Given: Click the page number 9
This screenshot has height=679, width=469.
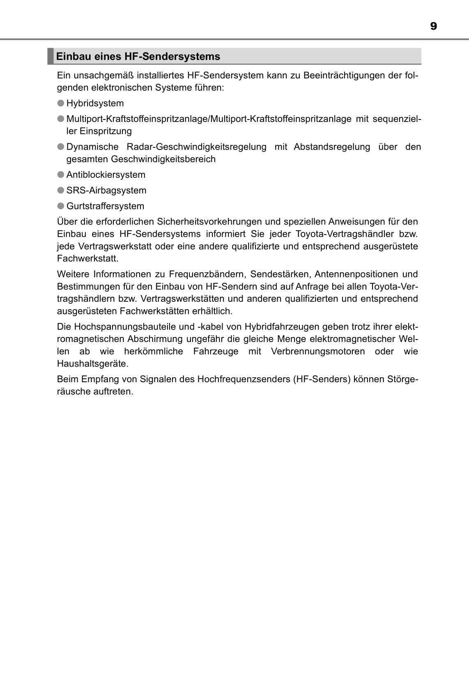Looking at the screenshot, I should pyautogui.click(x=433, y=26).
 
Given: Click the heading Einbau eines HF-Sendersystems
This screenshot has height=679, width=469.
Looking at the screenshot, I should pyautogui.click(x=138, y=56).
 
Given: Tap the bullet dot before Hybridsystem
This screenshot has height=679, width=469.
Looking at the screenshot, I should pyautogui.click(x=61, y=103).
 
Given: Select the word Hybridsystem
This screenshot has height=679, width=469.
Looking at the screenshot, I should pyautogui.click(x=95, y=103).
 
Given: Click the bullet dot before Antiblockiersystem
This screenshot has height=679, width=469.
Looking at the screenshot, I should pyautogui.click(x=61, y=174).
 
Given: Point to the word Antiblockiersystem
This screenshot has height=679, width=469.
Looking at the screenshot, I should pyautogui.click(x=106, y=174).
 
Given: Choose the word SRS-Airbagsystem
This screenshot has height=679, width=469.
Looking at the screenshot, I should pyautogui.click(x=106, y=190).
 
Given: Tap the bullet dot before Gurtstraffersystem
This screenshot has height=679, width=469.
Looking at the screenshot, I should pyautogui.click(x=61, y=206).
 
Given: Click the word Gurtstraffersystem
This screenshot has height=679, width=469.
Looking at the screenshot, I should pyautogui.click(x=105, y=206).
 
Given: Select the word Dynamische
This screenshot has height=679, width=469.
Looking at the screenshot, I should pyautogui.click(x=92, y=147).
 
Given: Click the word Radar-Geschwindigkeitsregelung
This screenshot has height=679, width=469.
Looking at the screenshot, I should pyautogui.click(x=196, y=147).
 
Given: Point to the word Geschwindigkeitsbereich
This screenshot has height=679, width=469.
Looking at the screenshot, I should pyautogui.click(x=163, y=159).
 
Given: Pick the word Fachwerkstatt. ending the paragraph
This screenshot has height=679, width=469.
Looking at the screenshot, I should pyautogui.click(x=87, y=259).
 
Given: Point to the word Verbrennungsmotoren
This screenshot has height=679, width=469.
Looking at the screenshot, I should pyautogui.click(x=318, y=351).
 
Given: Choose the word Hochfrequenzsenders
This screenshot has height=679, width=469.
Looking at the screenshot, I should pyautogui.click(x=244, y=379).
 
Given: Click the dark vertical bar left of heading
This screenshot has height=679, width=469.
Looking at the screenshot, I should pyautogui.click(x=50, y=56).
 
